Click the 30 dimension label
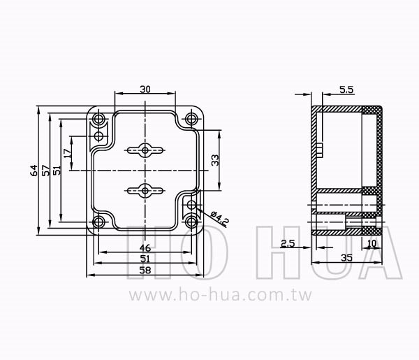click(145, 89)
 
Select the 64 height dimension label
click(34, 171)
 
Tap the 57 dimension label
click(46, 171)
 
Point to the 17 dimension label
click(68, 153)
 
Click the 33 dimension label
click(215, 160)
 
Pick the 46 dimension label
click(145, 248)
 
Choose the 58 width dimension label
click(145, 271)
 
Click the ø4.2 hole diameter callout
click(219, 219)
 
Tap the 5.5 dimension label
click(346, 90)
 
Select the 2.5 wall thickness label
click(288, 243)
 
